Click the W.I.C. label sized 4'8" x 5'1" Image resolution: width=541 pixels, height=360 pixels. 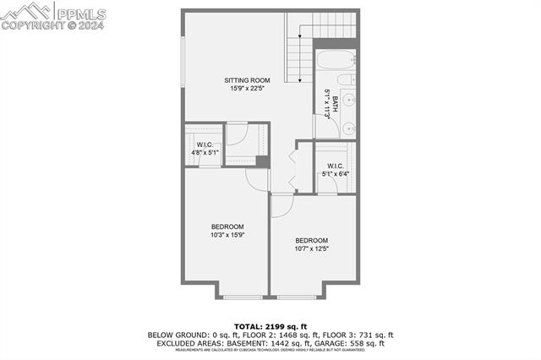pos(203,145)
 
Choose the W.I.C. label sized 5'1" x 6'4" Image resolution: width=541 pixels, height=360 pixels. pos(334,166)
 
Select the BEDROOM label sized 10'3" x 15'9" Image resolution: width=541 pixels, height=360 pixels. pos(227,226)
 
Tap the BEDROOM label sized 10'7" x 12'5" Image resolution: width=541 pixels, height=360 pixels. pos(311,241)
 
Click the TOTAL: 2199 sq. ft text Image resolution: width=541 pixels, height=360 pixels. pos(270,326)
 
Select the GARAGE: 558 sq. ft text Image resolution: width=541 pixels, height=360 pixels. pos(350,342)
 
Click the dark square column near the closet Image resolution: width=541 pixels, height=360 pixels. pos(262,161)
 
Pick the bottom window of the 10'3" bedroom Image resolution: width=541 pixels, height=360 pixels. pos(243,296)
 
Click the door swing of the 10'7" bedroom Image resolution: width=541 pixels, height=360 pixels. pos(282,205)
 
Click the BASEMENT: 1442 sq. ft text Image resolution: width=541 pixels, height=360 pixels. pos(271,342)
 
